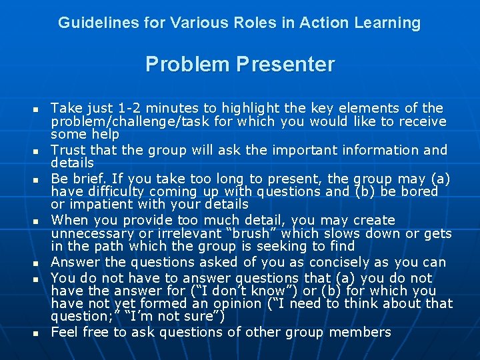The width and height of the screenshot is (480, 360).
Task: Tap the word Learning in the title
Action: coord(389,23)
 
